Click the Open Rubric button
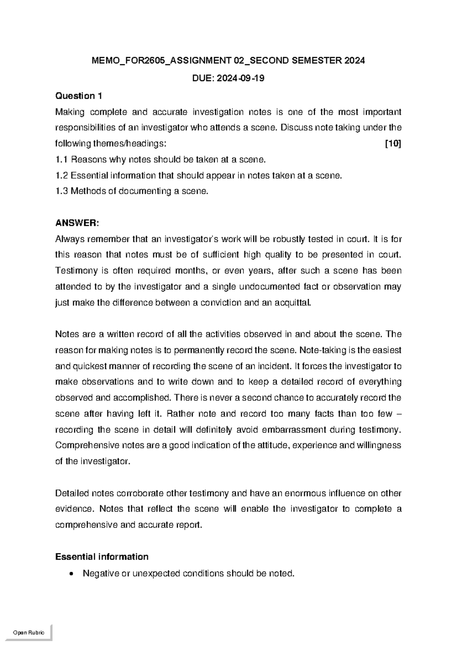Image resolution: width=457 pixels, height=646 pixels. point(29,633)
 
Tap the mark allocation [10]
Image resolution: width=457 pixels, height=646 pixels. point(393,144)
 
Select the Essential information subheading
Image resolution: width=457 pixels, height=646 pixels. point(102,557)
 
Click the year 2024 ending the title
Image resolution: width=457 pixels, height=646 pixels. point(354,61)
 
